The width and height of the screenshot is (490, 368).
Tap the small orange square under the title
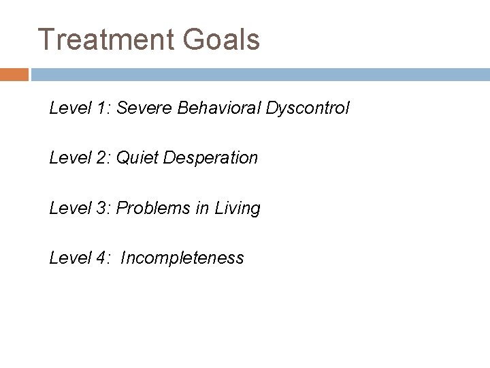[14, 74]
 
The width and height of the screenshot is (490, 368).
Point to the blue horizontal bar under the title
[259, 74]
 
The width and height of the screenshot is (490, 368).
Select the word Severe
[142, 108]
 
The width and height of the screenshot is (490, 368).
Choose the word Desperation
[209, 158]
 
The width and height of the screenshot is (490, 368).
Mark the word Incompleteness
[182, 258]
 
